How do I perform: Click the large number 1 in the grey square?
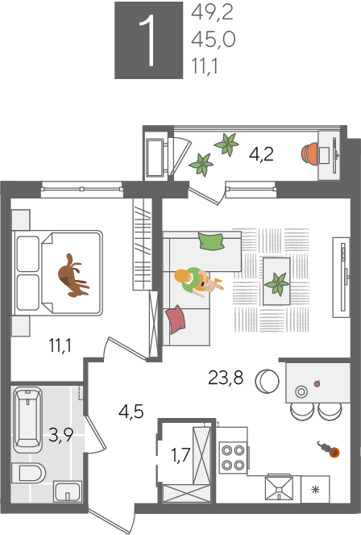pyautogui.click(x=147, y=41)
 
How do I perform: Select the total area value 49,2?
pyautogui.click(x=212, y=13)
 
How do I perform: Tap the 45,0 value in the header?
pyautogui.click(x=214, y=40)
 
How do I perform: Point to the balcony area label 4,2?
pyautogui.click(x=261, y=154)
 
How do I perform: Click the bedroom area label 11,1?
pyautogui.click(x=60, y=345)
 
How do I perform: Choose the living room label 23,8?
pyautogui.click(x=226, y=378)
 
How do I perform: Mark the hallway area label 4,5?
pyautogui.click(x=131, y=412)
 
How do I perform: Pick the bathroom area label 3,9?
pyautogui.click(x=60, y=435)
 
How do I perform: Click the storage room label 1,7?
pyautogui.click(x=180, y=455)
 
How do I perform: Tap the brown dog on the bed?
pyautogui.click(x=73, y=276)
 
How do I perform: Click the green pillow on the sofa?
pyautogui.click(x=211, y=241)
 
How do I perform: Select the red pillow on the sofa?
pyautogui.click(x=176, y=319)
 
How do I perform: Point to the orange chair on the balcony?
pyautogui.click(x=309, y=153)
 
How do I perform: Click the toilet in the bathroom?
pyautogui.click(x=29, y=473)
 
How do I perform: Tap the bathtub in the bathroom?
pyautogui.click(x=27, y=420)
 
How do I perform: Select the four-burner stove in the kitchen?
pyautogui.click(x=234, y=458)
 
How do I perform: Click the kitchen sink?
pyautogui.click(x=279, y=488)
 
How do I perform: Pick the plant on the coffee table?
pyautogui.click(x=277, y=283)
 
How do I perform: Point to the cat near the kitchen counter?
pyautogui.click(x=329, y=449)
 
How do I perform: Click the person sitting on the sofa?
pyautogui.click(x=197, y=282)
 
